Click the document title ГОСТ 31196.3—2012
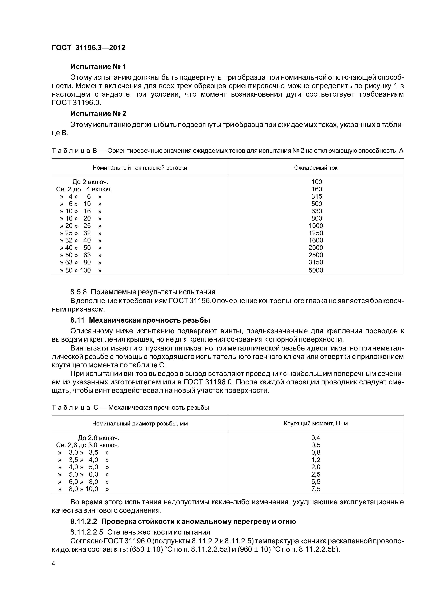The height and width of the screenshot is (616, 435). pyautogui.click(x=88, y=48)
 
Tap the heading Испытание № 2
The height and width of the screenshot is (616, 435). pyautogui.click(x=98, y=114)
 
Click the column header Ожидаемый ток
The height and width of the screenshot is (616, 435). pyautogui.click(x=316, y=168)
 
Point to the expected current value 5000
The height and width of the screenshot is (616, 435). pyautogui.click(x=316, y=270)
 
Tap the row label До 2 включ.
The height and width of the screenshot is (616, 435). pyautogui.click(x=90, y=182)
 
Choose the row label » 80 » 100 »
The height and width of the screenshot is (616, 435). pyautogui.click(x=80, y=270)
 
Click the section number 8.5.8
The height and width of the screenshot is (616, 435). pyautogui.click(x=79, y=292)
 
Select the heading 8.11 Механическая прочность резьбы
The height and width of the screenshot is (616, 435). pyautogui.click(x=140, y=320)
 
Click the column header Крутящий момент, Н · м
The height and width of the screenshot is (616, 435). pyautogui.click(x=316, y=424)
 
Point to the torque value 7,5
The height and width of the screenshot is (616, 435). pyautogui.click(x=316, y=489)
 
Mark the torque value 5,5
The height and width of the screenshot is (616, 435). pyautogui.click(x=316, y=482)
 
